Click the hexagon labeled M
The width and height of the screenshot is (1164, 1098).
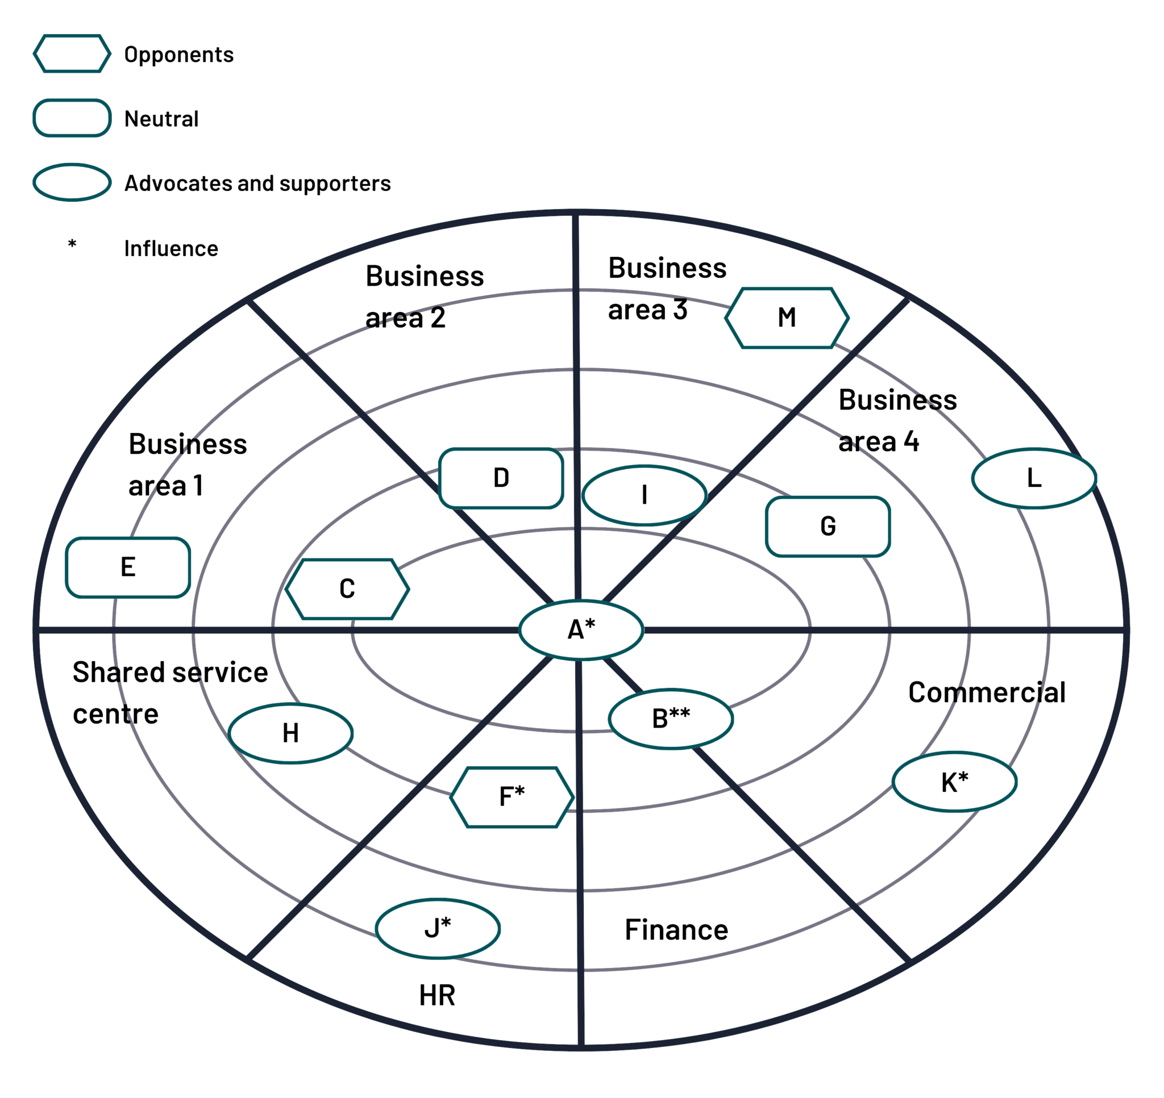(787, 318)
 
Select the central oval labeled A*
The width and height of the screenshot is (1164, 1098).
(581, 630)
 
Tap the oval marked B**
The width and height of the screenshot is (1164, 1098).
(671, 719)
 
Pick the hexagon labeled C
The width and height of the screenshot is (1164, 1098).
(347, 589)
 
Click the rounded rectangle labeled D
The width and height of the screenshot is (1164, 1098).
(501, 478)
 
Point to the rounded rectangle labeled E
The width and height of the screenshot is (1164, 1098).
(128, 567)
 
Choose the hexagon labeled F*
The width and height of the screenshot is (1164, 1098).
(512, 797)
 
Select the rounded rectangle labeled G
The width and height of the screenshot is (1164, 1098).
(828, 526)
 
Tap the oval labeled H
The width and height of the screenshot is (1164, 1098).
(291, 733)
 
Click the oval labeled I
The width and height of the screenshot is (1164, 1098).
(645, 495)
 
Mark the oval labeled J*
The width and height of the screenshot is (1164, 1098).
(438, 929)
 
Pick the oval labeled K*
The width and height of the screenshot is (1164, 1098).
(955, 782)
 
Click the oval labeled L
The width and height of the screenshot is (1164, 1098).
(1034, 478)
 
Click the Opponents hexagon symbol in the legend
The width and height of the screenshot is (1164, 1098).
(72, 54)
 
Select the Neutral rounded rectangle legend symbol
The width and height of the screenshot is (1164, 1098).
(72, 118)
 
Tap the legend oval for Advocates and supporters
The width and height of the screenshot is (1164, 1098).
(72, 182)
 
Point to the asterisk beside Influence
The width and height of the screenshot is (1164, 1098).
(72, 244)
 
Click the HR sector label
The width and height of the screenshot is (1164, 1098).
(438, 996)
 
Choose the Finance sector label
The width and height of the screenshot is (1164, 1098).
(676, 930)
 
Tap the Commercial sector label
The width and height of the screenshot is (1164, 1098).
(987, 692)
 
